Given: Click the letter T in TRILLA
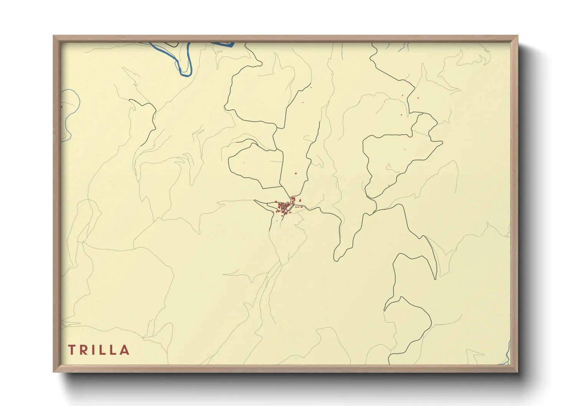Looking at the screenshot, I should coord(71,350).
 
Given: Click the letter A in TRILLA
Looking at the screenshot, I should coord(124,350).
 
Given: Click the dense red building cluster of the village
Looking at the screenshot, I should coord(284,207).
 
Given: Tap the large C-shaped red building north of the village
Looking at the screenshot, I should coord(294,199).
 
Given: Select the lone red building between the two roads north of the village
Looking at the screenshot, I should coord(296,173).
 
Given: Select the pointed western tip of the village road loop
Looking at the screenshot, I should coord(255,201).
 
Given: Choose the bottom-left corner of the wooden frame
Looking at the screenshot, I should coord(54,371).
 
